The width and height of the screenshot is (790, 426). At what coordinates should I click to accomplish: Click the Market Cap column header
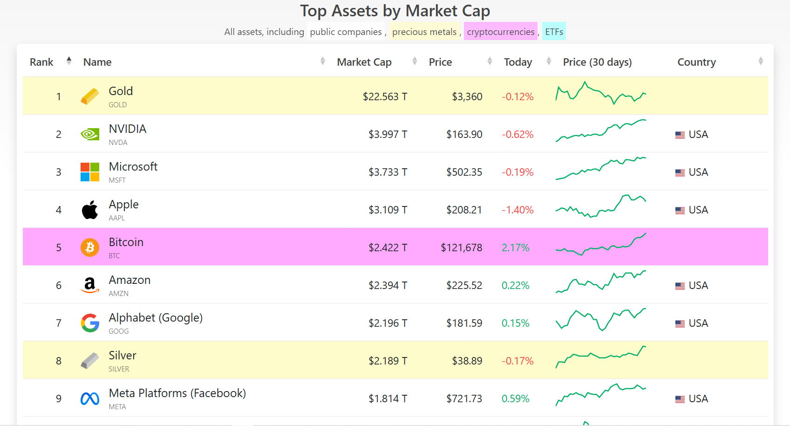(364, 62)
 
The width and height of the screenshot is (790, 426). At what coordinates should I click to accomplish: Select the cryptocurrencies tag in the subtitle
(500, 32)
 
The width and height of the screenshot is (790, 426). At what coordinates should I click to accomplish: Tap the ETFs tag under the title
(554, 32)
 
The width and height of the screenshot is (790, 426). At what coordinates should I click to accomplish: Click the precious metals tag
(424, 32)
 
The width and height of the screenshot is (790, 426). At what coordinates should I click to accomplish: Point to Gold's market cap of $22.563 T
(385, 96)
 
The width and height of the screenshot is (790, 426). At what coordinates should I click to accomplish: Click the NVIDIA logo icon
(90, 134)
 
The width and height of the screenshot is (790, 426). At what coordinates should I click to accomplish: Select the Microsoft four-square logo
(90, 172)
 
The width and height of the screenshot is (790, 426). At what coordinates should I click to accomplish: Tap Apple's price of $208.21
(464, 210)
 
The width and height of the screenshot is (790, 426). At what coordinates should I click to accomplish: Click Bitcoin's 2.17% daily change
(515, 247)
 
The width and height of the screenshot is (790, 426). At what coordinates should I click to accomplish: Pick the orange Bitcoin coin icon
(90, 247)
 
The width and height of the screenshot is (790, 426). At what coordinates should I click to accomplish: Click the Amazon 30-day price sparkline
(601, 282)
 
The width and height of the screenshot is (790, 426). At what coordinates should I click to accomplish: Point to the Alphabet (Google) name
(156, 318)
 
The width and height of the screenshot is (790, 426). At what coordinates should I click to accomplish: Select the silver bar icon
(89, 360)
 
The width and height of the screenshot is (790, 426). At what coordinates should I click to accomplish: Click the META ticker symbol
(117, 406)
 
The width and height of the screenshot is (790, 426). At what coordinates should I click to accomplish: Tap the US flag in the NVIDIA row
(680, 135)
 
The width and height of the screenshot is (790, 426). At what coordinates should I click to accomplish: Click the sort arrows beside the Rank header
(69, 61)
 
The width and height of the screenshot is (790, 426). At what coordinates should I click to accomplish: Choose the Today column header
(518, 62)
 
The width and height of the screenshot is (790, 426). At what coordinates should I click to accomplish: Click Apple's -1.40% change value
(518, 210)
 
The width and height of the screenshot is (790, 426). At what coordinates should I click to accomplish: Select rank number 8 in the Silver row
(59, 361)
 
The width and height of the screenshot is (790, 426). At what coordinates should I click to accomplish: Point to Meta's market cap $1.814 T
(388, 399)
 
